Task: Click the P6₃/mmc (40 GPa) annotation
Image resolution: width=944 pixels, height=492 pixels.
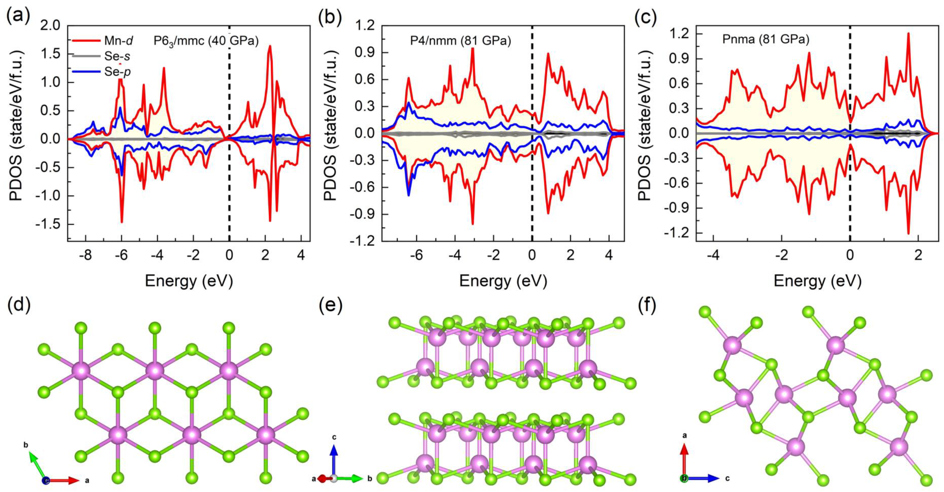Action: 206,41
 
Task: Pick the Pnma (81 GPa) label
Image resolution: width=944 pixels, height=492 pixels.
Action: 765,39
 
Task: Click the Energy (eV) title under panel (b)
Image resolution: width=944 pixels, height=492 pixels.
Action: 503,281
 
